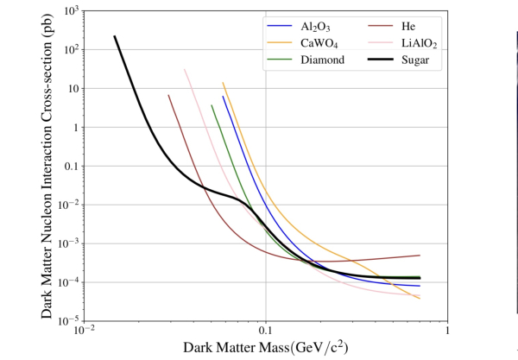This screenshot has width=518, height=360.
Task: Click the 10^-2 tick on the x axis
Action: (x=83, y=332)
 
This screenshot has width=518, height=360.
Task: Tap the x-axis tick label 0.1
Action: (x=265, y=332)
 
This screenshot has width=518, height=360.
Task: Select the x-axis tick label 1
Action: (x=447, y=332)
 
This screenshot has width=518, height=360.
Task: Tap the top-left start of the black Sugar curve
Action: (x=115, y=36)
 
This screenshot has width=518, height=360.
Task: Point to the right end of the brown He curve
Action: (x=420, y=256)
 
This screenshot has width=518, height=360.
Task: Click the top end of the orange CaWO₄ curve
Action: (x=223, y=83)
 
